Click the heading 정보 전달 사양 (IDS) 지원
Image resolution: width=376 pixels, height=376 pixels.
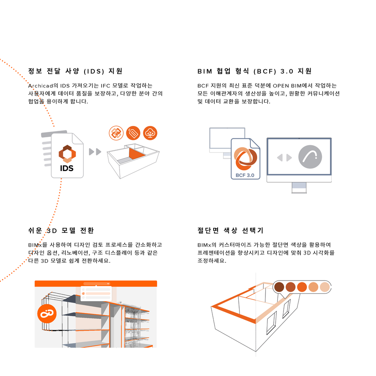(75, 71)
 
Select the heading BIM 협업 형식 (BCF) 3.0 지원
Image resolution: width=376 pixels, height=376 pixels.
(255, 71)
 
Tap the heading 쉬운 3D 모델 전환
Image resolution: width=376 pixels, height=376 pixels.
(61, 230)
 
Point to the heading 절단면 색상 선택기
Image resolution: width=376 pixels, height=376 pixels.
(230, 230)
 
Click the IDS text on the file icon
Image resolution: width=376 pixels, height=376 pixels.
(67, 168)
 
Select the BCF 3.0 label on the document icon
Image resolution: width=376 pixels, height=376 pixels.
(245, 175)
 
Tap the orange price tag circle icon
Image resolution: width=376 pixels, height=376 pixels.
(133, 133)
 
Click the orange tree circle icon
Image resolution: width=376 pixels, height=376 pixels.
(150, 133)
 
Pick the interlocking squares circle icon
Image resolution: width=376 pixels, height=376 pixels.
(116, 133)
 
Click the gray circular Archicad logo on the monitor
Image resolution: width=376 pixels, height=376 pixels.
(310, 157)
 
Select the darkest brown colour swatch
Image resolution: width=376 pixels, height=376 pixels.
(279, 287)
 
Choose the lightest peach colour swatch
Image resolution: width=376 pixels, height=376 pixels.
(325, 287)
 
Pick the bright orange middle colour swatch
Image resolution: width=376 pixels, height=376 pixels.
(302, 287)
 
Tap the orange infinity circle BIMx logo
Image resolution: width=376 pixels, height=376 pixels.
(47, 314)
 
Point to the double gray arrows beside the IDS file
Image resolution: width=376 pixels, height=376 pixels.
(95, 152)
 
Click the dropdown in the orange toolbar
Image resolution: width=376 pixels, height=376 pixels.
(97, 284)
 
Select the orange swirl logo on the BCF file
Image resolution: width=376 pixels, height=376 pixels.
(245, 159)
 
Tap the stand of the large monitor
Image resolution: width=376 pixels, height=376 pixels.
(299, 188)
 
